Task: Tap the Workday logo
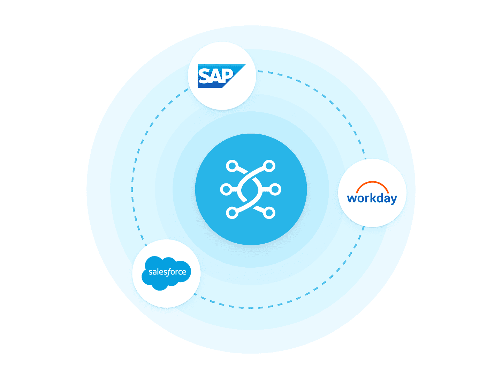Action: tap(372, 193)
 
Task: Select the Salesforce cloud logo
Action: tap(166, 273)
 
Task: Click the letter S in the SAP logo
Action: tap(204, 76)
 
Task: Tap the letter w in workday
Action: tap(352, 198)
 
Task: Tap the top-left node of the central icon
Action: tap(232, 166)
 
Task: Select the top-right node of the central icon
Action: tap(269, 166)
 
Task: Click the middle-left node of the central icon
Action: tap(226, 189)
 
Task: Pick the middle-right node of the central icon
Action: tap(275, 189)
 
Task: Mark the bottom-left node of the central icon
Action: tap(232, 213)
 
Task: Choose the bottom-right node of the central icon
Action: tap(269, 213)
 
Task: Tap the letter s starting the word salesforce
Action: tap(151, 272)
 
